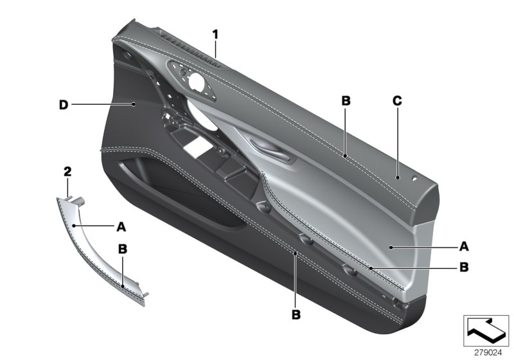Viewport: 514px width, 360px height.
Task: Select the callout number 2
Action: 67,171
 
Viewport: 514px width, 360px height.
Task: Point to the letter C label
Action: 396,100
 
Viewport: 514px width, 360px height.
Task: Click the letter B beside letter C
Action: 346,100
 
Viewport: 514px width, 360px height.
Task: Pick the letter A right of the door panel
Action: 465,246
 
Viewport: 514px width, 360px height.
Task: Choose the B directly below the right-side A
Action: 465,265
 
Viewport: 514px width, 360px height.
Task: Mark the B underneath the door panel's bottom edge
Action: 296,315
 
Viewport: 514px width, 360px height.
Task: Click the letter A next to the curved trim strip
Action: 121,226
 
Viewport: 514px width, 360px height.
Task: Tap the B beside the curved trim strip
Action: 121,248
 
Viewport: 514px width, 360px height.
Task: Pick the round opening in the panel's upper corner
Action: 193,82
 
